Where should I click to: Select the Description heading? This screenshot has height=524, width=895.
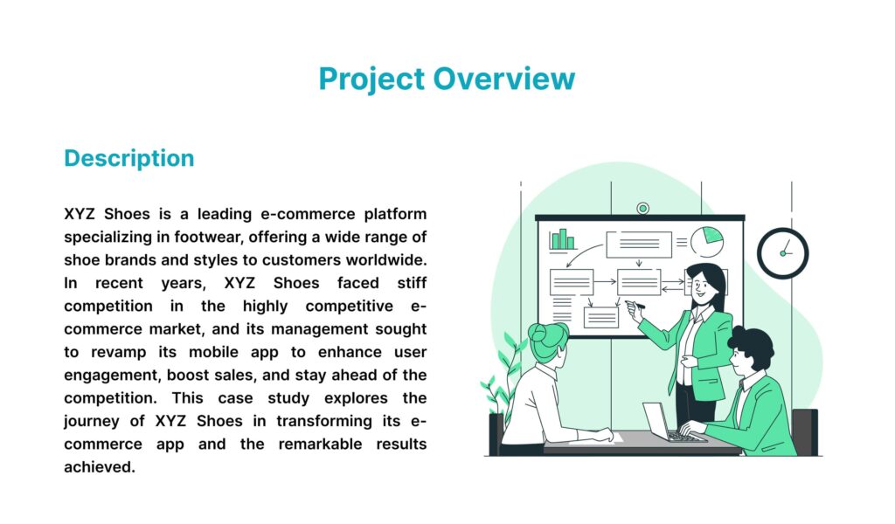(x=129, y=159)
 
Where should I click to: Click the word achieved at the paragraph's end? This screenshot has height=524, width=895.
(x=100, y=467)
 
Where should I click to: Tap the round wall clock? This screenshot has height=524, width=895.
(x=782, y=253)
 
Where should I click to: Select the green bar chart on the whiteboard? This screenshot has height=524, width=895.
(x=563, y=238)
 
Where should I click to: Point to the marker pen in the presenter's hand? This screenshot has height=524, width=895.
(x=637, y=306)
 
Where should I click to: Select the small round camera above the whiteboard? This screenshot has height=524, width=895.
(x=642, y=208)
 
